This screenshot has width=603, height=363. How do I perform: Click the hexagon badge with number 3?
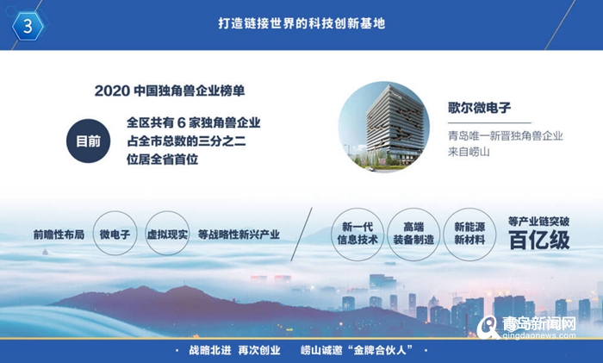pyautogui.click(x=28, y=26)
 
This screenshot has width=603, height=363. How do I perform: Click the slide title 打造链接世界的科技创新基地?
pyautogui.click(x=301, y=23)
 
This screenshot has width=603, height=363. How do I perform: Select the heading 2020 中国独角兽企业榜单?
pyautogui.click(x=170, y=91)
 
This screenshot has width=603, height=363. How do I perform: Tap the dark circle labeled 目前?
pyautogui.click(x=88, y=141)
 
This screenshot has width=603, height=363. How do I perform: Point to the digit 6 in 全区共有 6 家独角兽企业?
pyautogui.click(x=182, y=122)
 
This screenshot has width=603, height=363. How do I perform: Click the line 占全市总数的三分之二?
pyautogui.click(x=187, y=141)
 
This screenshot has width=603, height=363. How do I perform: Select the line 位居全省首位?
pyautogui.click(x=162, y=160)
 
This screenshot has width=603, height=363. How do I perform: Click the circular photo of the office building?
pyautogui.click(x=384, y=127)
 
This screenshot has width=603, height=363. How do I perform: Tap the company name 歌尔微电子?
pyautogui.click(x=479, y=108)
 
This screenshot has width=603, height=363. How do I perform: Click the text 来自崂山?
pyautogui.click(x=469, y=152)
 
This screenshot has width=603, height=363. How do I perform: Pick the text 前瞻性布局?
pyautogui.click(x=59, y=235)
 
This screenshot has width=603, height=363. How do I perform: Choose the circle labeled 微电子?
pyautogui.click(x=115, y=234)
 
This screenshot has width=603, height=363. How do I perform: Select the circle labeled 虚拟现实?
pyautogui.click(x=167, y=234)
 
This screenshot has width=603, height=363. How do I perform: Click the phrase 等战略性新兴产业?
pyautogui.click(x=239, y=235)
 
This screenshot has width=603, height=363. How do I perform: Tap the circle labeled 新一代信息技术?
pyautogui.click(x=357, y=235)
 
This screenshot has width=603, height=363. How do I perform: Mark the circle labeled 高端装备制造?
pyautogui.click(x=413, y=235)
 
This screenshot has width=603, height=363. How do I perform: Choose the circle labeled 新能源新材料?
pyautogui.click(x=469, y=235)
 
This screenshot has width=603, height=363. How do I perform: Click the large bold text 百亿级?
pyautogui.click(x=539, y=240)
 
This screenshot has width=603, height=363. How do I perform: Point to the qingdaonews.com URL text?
pyautogui.click(x=539, y=335)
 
